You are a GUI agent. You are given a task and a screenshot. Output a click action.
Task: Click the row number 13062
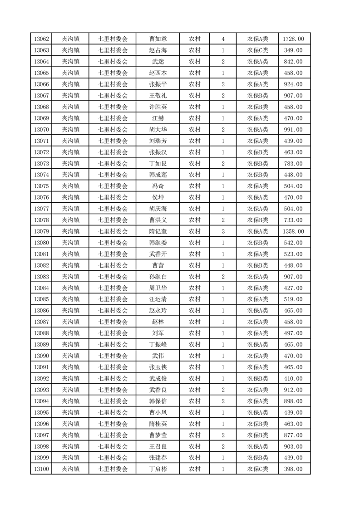[41, 39]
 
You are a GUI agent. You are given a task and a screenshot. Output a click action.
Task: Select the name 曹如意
[158, 39]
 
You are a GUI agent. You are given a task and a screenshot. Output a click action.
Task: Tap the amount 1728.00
[293, 39]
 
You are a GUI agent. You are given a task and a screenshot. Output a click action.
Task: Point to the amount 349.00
[293, 50]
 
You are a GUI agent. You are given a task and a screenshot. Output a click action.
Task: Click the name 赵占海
[158, 50]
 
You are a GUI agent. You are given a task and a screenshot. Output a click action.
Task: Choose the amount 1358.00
[293, 231]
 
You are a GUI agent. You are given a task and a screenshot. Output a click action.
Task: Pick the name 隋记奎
[158, 231]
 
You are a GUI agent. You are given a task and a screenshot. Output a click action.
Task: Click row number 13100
[41, 469]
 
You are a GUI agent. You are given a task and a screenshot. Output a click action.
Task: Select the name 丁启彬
[158, 469]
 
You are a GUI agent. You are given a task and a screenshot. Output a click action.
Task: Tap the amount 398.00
[293, 469]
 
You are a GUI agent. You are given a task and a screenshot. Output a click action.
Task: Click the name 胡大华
[158, 130]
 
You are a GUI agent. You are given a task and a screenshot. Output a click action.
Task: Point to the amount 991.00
[293, 130]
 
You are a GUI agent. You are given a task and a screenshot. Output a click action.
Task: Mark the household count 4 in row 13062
[223, 39]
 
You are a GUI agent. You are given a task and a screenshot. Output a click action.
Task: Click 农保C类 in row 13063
[257, 50]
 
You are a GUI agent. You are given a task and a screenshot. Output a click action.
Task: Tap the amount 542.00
[293, 243]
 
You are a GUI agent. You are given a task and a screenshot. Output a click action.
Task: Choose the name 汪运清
[158, 299]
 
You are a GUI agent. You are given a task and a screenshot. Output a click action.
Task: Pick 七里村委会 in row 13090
[113, 356]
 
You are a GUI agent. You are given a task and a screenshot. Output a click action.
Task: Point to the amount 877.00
[293, 435]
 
